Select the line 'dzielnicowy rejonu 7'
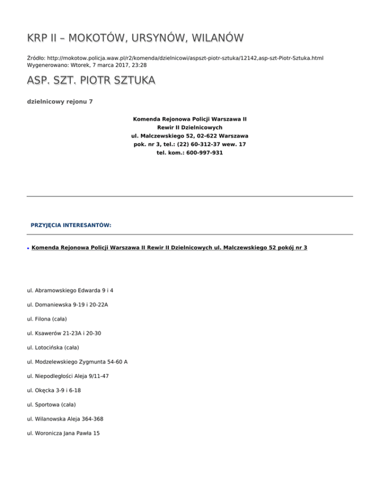coord(59,102)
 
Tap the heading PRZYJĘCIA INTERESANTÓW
coord(71,225)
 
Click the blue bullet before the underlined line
coord(29,248)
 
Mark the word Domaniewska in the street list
coord(53,305)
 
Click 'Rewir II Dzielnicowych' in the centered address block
coord(190,127)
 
